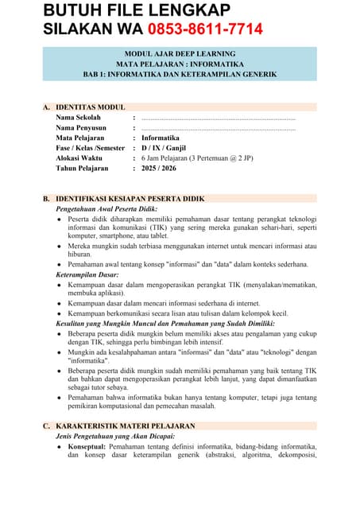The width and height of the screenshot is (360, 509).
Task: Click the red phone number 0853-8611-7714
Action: [205, 30]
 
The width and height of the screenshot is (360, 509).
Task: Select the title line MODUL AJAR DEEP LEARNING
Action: [180, 52]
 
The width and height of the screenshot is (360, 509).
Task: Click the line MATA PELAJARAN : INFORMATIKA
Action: [180, 63]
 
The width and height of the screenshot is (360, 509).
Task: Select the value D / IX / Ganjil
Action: [168, 148]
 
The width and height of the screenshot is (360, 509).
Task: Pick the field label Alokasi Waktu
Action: [79, 157]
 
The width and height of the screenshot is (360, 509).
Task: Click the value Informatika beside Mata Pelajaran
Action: [161, 138]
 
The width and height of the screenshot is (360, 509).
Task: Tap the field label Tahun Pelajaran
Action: [82, 168]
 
